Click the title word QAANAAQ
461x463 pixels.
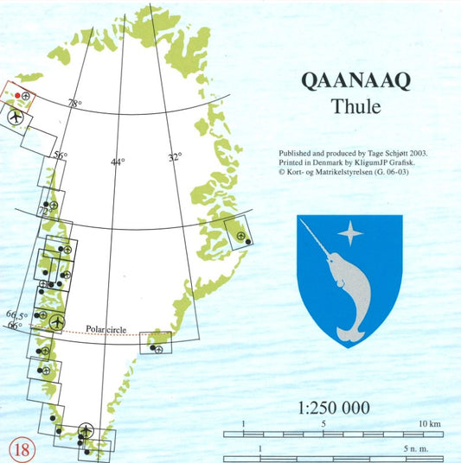(355, 80)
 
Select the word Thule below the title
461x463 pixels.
(355, 108)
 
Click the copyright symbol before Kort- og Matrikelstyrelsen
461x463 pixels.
(282, 172)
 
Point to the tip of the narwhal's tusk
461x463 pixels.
(301, 221)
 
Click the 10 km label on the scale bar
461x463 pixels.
(430, 424)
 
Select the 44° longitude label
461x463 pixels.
(118, 162)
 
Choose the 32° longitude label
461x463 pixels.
(175, 158)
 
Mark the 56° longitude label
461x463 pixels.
(61, 156)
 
